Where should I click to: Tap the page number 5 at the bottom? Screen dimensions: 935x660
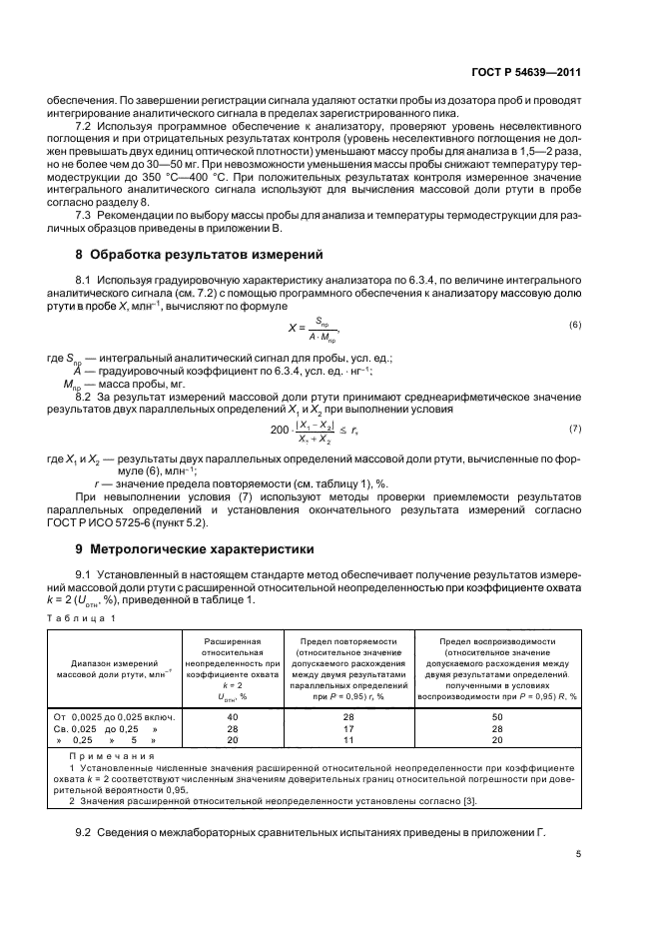click(x=578, y=854)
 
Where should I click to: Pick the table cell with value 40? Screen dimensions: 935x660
click(x=232, y=717)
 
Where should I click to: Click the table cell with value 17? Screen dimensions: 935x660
click(x=347, y=729)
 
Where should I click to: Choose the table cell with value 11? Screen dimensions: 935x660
click(x=347, y=741)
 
